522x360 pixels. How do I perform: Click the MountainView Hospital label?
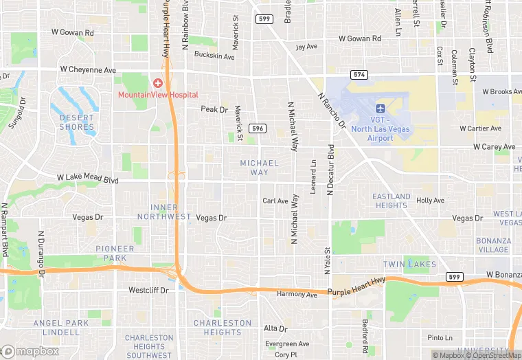tap(158, 95)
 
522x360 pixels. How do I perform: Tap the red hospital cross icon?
tap(158, 82)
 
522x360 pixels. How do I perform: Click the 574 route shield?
tap(359, 74)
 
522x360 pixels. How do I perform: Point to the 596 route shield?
tap(258, 128)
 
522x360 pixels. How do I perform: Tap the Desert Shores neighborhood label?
tap(76, 122)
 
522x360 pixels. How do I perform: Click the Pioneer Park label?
tap(115, 254)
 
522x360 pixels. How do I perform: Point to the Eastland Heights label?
tap(391, 201)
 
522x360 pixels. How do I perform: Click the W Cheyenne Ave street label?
tap(88, 70)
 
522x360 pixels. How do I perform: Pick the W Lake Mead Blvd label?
tap(88, 179)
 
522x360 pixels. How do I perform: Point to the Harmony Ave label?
tap(297, 295)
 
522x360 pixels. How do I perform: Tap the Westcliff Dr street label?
tap(148, 291)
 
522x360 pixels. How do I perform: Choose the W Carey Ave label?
tap(494, 147)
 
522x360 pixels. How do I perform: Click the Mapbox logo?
tap(30, 351)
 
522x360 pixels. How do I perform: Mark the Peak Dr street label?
tap(214, 109)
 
